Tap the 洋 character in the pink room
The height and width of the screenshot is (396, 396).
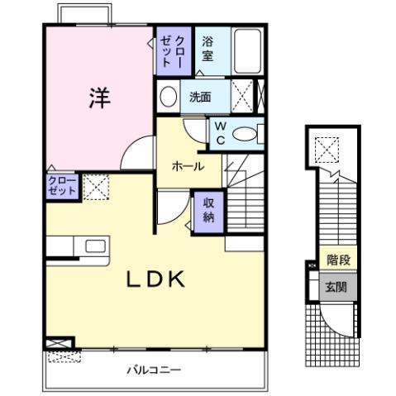pos(98,97)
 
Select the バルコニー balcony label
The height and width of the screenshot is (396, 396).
pos(153,370)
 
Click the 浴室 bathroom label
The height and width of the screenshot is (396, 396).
pos(208,51)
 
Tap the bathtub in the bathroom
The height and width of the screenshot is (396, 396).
pos(246,51)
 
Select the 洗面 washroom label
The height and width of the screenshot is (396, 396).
pos(200,96)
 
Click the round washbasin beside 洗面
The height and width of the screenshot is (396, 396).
pos(167,96)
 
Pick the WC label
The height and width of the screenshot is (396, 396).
pos(221,131)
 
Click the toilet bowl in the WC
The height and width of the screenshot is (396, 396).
pos(246,133)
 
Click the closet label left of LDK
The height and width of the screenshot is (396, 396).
pos(62,185)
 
